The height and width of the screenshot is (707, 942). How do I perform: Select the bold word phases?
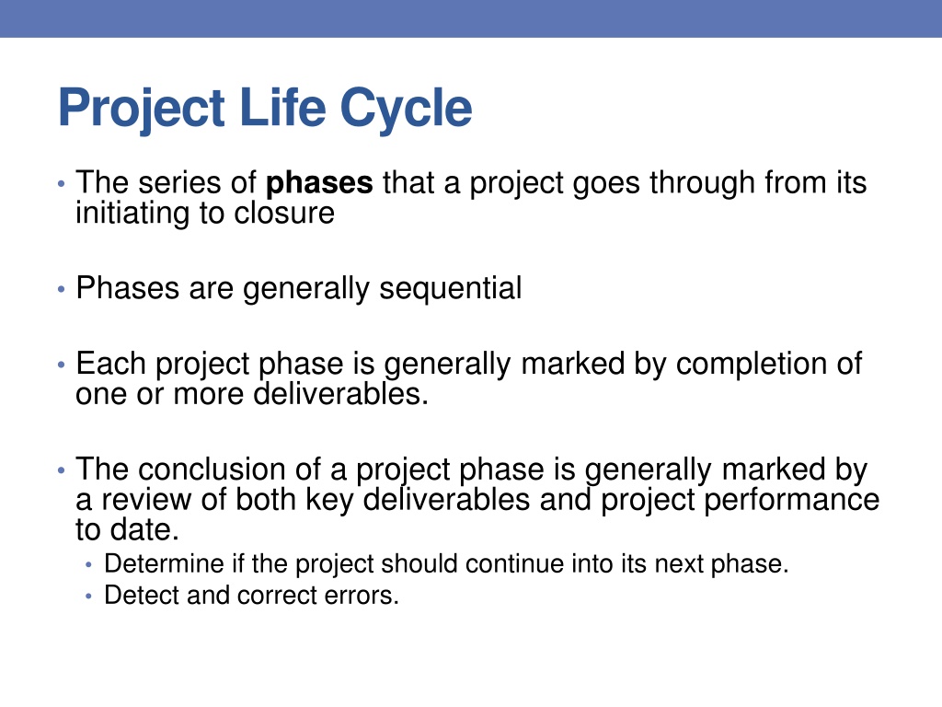tap(319, 184)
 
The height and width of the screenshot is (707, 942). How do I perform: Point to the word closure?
tap(284, 213)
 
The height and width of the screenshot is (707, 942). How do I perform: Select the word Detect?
tap(141, 596)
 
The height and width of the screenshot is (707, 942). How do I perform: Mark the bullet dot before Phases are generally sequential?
tap(62, 289)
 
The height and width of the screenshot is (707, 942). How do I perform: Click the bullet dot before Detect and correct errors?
tap(89, 597)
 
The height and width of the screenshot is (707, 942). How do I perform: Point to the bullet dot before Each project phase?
tap(62, 365)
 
